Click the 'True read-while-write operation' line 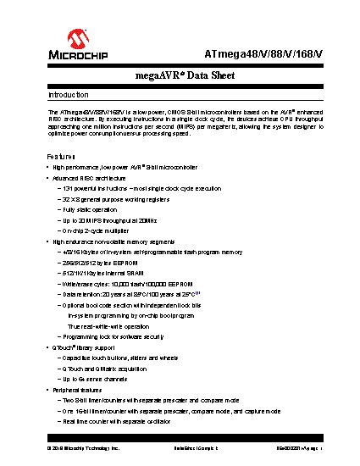point(108,326)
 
